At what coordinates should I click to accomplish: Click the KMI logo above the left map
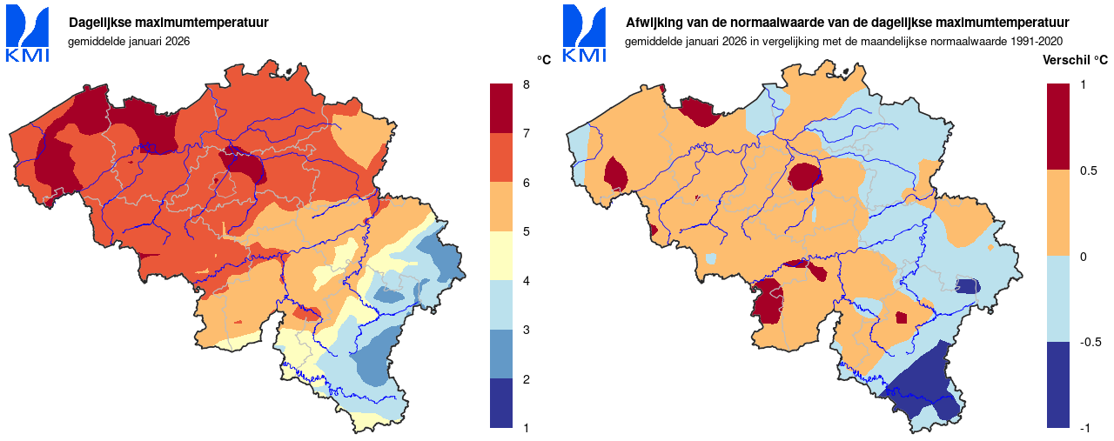point(28,34)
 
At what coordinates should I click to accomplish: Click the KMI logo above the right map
point(584,34)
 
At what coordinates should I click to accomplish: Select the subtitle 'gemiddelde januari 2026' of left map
point(128,41)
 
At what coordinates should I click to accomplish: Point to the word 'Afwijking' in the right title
point(654,23)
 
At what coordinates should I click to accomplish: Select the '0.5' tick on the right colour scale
point(1088,170)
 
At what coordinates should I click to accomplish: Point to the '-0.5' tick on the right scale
point(1090,342)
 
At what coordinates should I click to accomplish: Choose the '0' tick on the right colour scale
point(1083,256)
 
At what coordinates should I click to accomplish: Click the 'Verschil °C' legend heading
point(1075,61)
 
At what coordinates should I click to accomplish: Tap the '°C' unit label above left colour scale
point(544,60)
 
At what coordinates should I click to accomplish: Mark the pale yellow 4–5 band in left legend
point(502,256)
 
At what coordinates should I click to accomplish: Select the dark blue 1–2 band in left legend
point(502,403)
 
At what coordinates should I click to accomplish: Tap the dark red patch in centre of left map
point(241,163)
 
